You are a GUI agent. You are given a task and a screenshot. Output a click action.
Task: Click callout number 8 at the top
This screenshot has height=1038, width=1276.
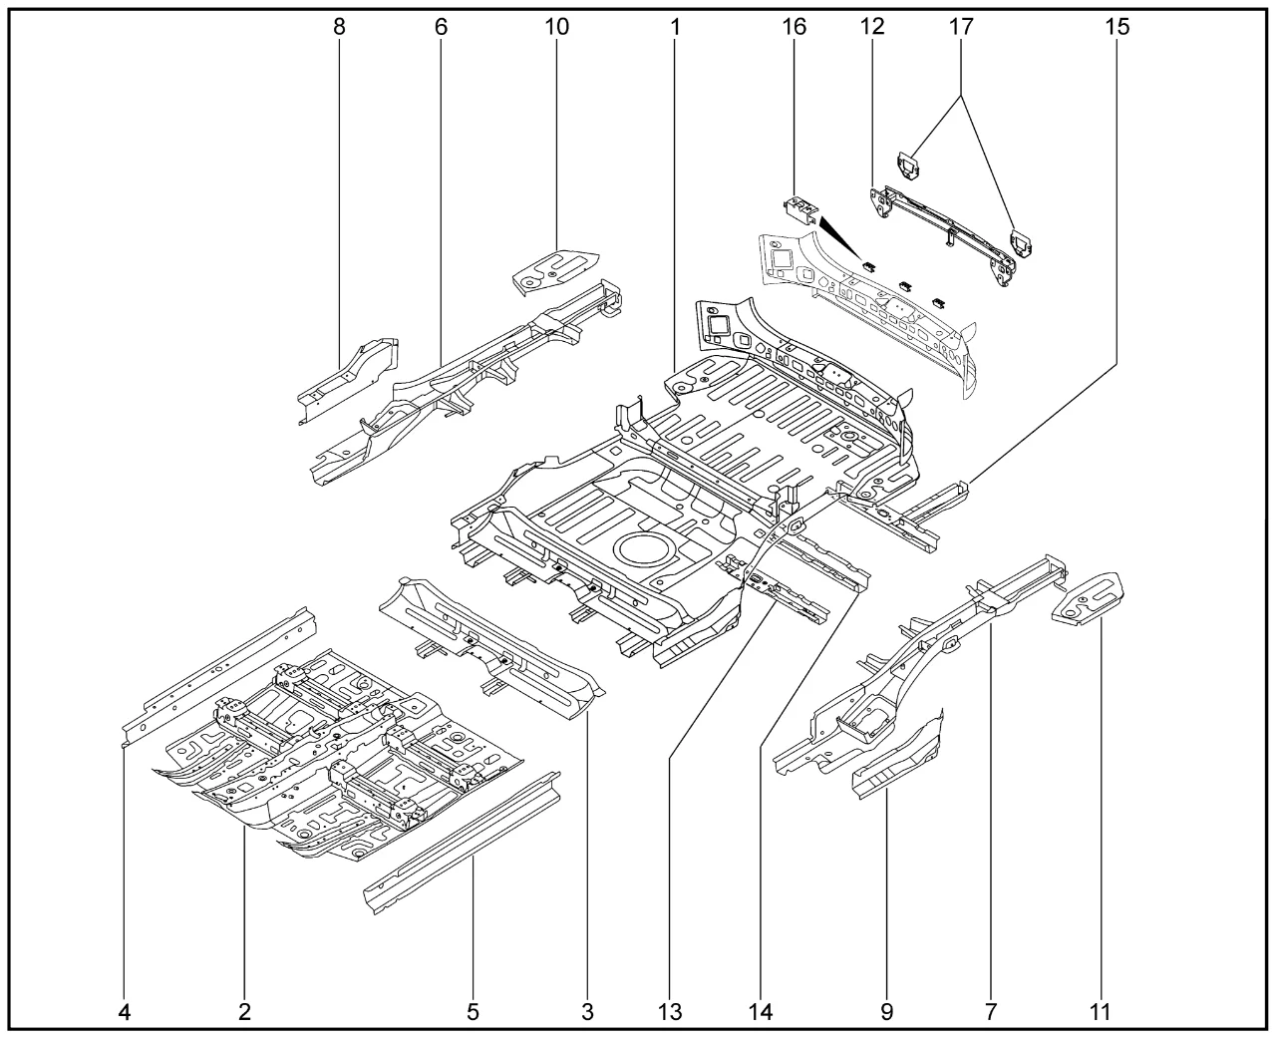pos(340,27)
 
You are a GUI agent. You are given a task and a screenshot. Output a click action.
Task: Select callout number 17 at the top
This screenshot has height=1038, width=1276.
pos(961,27)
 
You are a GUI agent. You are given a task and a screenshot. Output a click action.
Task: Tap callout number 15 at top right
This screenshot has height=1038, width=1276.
pos(1117,27)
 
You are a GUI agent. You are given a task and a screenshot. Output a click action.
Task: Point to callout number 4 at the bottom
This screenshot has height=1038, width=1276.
pos(125,1012)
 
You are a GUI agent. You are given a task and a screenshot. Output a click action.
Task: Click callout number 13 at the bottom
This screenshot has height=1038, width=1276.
pos(670,1012)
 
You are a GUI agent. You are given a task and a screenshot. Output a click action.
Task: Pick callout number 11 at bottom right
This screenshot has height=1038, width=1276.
pos(1100,1012)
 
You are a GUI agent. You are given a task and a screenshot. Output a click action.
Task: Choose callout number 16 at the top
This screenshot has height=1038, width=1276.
pos(794,27)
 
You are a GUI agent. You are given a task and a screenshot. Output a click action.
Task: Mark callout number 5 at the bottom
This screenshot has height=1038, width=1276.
pos(473,1012)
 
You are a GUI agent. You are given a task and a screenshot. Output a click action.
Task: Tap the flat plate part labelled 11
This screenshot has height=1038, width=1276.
pos(1091,598)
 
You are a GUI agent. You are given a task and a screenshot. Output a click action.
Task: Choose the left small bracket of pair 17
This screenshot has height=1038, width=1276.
pos(907,167)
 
